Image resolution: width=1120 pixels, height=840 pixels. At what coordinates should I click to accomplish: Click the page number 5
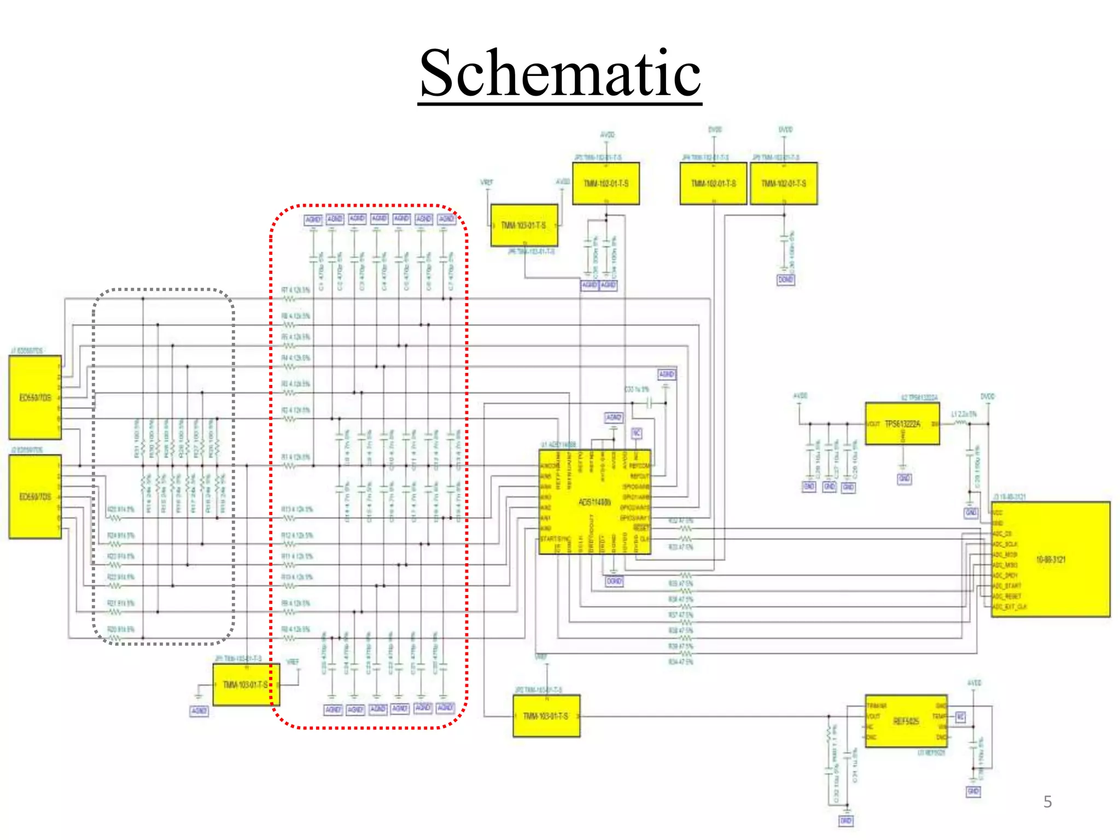coord(1047,802)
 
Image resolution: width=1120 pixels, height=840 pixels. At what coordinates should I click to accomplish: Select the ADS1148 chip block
coord(594,502)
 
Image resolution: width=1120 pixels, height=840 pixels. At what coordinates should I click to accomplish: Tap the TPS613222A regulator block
coord(902,424)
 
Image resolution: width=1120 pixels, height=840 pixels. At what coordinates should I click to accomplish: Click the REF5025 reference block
coord(906,721)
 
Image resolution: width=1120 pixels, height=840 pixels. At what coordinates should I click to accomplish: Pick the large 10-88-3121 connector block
coord(1051,559)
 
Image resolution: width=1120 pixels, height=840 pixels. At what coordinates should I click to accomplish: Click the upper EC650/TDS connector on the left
coord(35,398)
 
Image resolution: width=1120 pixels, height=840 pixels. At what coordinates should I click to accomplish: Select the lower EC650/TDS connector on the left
coord(35,497)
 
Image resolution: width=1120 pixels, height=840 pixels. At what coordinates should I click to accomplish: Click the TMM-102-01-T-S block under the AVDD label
coord(605,183)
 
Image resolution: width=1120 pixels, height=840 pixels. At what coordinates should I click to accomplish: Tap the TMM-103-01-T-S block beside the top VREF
coord(523,225)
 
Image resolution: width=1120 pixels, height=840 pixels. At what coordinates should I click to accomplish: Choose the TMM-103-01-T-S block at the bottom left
coord(246,685)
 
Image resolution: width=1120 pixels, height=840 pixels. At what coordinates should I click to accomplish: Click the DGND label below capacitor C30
coord(785,279)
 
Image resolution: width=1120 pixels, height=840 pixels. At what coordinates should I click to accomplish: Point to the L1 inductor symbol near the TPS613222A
coord(961,423)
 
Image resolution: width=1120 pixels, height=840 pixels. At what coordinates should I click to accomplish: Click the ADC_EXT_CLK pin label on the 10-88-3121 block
coord(1010,607)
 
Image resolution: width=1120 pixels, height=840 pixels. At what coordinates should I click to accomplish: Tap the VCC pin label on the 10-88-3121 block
coord(997,513)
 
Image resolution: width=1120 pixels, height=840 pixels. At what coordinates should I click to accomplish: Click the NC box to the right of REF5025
coord(960,716)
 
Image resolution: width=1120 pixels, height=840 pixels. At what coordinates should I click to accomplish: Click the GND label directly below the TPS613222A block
coord(904,479)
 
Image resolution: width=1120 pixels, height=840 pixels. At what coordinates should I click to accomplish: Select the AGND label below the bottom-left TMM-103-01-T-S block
coord(199,711)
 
